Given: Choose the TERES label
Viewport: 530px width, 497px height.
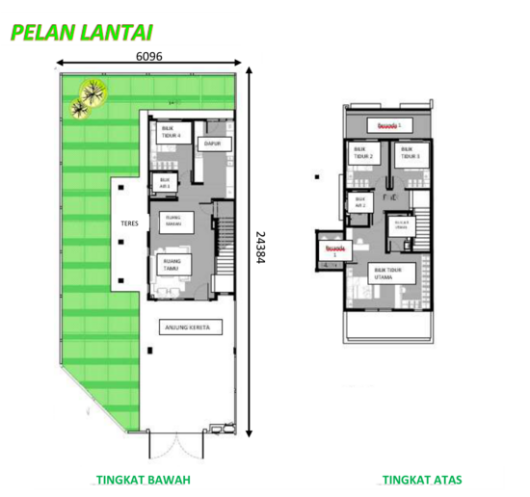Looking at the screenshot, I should point(130,223).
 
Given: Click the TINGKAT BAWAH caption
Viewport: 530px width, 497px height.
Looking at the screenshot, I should point(144,480).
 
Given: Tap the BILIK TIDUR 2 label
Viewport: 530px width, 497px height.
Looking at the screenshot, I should point(363,152).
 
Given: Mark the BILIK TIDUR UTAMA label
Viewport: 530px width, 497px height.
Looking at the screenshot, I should point(389,273).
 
